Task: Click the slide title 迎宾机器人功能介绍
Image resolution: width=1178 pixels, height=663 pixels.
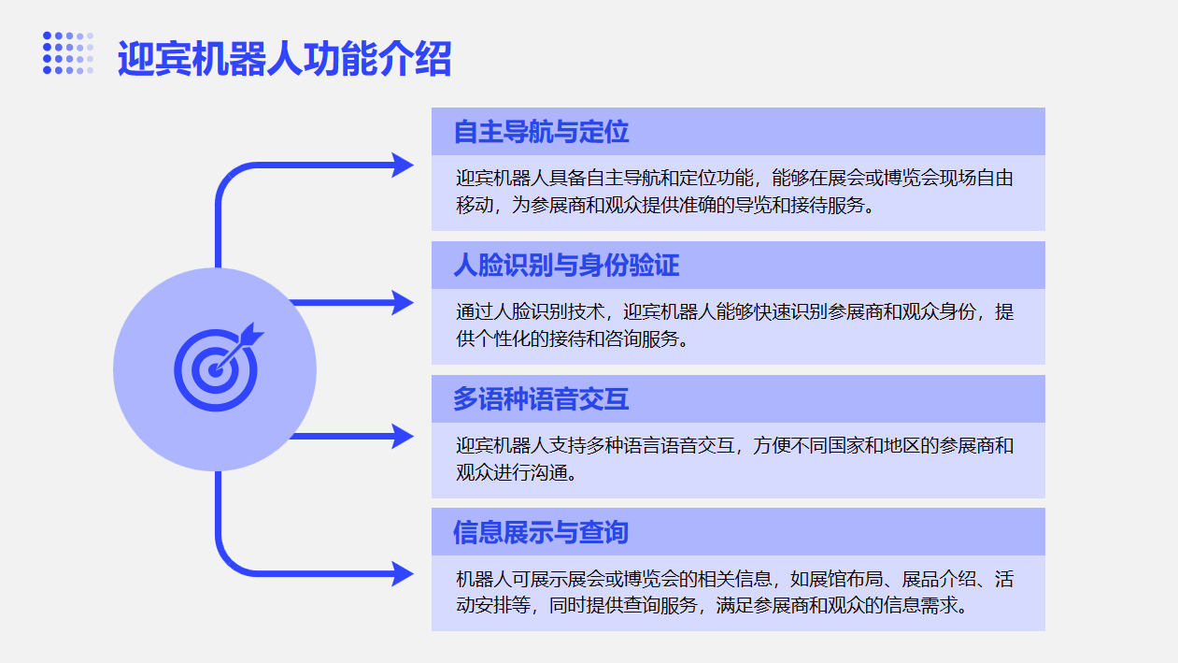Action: (x=284, y=59)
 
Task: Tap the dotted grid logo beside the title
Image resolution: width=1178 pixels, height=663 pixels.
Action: (x=68, y=52)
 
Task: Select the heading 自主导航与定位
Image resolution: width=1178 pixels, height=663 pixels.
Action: (x=541, y=132)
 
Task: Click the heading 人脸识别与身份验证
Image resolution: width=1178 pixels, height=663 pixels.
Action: (x=566, y=266)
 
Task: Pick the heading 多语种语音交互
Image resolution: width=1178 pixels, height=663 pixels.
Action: (x=541, y=399)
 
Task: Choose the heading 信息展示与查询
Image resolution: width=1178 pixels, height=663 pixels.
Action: (x=541, y=533)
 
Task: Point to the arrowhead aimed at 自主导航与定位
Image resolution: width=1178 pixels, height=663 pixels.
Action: (x=403, y=166)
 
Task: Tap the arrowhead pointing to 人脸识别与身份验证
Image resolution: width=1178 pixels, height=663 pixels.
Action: (x=403, y=302)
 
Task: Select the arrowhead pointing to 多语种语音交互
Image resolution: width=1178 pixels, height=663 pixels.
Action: (x=403, y=436)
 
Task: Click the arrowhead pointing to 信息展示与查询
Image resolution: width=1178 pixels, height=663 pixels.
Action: (x=403, y=573)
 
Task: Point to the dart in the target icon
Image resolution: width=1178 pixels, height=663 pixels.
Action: (x=245, y=339)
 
